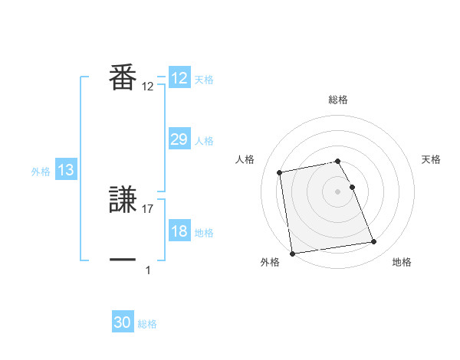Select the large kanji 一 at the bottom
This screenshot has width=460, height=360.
pyautogui.click(x=123, y=260)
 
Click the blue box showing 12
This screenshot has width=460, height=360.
pyautogui.click(x=179, y=78)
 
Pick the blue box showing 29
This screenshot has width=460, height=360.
pyautogui.click(x=179, y=139)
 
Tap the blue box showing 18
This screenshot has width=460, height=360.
pyautogui.click(x=179, y=231)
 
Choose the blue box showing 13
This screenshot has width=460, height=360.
pyautogui.click(x=66, y=170)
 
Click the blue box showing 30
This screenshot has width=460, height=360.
pyautogui.click(x=123, y=322)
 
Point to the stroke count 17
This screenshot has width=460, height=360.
pyautogui.click(x=148, y=208)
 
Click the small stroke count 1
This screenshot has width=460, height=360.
pyautogui.click(x=148, y=270)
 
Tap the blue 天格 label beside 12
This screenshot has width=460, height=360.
pyautogui.click(x=204, y=80)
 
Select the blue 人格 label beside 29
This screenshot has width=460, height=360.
pyautogui.click(x=204, y=141)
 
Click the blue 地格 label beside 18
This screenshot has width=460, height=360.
pyautogui.click(x=204, y=233)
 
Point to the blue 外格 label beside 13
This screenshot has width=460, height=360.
pyautogui.click(x=41, y=172)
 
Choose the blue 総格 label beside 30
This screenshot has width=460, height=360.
pyautogui.click(x=147, y=324)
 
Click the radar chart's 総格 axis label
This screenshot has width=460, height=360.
pyautogui.click(x=338, y=100)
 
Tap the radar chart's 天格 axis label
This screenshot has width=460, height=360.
pyautogui.click(x=432, y=159)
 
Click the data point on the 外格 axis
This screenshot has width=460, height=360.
pyautogui.click(x=292, y=253)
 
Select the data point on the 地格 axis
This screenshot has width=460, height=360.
pyautogui.click(x=374, y=242)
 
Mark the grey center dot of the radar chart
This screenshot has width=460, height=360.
pyautogui.click(x=338, y=191)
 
